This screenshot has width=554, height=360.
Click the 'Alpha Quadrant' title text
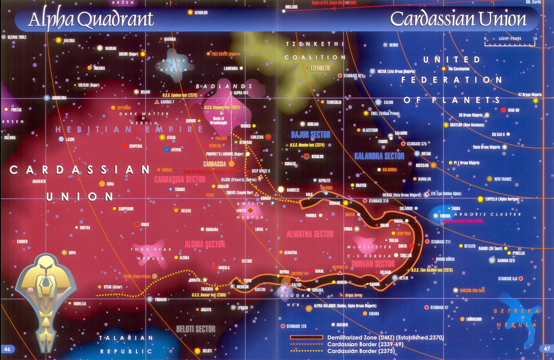click(x=91, y=19)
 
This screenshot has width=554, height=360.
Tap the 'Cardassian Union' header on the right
click(x=458, y=19)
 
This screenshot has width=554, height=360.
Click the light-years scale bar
click(x=510, y=44)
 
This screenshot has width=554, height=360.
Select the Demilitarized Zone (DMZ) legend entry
click(x=385, y=338)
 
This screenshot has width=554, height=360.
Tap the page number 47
click(x=546, y=348)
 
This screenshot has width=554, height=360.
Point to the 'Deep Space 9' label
click(x=261, y=171)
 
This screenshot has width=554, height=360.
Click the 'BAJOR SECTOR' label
click(x=310, y=134)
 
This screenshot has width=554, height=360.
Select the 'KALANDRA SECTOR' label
click(x=379, y=156)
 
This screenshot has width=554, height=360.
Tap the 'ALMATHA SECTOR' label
click(x=310, y=234)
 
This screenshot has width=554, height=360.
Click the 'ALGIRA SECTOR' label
click(x=205, y=244)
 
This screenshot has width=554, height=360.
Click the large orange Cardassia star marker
click(x=232, y=164)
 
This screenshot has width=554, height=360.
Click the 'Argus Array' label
click(x=353, y=295)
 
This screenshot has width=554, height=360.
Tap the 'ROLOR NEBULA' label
click(x=173, y=65)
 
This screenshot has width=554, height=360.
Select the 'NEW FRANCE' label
click(x=503, y=179)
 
